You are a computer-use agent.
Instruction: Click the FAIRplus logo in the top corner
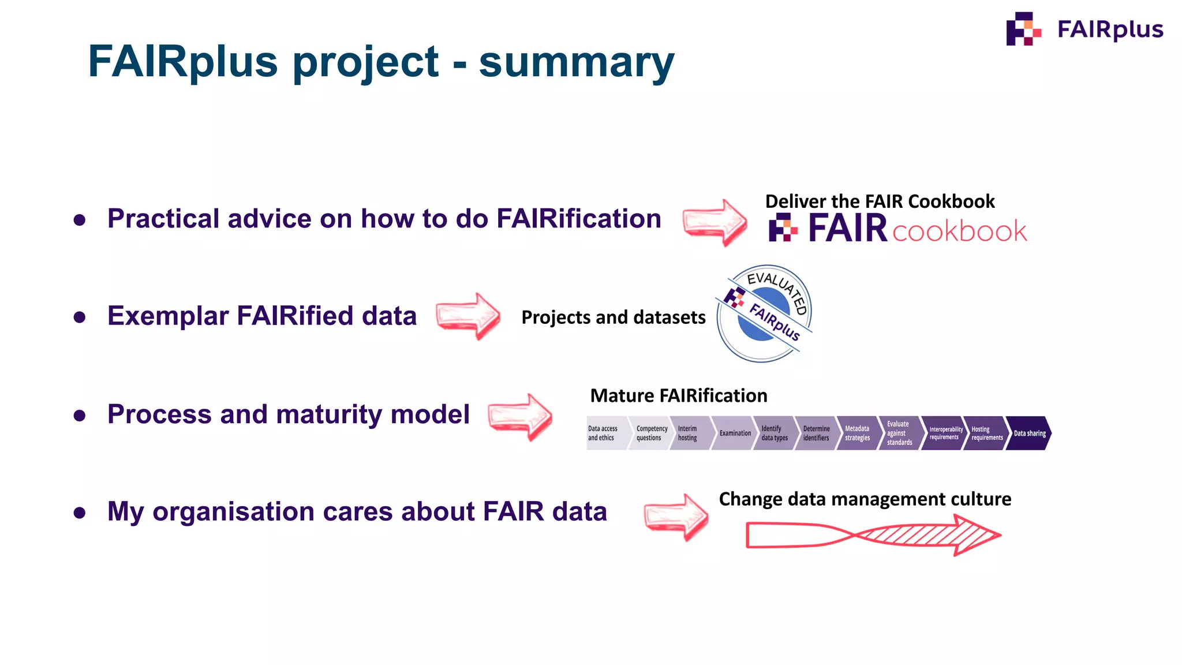click(1084, 29)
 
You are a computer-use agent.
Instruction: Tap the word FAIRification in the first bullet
click(578, 219)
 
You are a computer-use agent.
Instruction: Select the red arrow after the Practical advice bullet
click(715, 223)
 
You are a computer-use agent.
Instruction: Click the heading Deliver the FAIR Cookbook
click(880, 201)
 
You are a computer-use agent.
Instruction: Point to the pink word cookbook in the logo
click(959, 231)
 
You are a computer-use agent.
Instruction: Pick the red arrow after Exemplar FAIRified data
click(467, 316)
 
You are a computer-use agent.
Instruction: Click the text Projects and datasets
click(613, 317)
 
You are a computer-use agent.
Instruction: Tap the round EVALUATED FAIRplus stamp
click(764, 313)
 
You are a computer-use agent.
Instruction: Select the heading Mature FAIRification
click(679, 396)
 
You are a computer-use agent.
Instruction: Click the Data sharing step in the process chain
click(1028, 434)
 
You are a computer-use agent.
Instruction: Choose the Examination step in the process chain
click(734, 434)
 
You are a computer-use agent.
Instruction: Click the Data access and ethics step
click(604, 434)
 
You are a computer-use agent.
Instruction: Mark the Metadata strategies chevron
click(857, 434)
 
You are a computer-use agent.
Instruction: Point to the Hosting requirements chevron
click(986, 434)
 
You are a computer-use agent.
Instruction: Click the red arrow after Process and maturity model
click(519, 417)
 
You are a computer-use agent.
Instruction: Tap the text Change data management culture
click(865, 499)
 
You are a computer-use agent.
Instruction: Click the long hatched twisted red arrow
click(873, 535)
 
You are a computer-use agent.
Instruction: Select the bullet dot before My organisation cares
click(80, 513)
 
